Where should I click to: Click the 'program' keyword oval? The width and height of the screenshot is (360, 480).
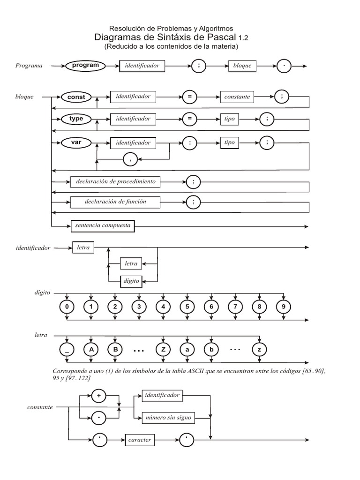coord(85,66)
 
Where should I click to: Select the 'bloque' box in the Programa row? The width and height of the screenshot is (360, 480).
coord(242,66)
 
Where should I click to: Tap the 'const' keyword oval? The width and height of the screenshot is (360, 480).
coord(76,97)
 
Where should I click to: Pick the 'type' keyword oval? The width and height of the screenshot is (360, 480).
coord(76,119)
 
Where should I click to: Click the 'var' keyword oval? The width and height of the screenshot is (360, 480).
coord(76,142)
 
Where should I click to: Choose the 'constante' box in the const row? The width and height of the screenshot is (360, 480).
coord(237,97)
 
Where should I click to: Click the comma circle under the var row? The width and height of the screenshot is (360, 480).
coord(130,159)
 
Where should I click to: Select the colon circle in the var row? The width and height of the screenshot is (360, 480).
coord(189,143)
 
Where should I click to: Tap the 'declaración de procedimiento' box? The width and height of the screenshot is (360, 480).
coord(115,181)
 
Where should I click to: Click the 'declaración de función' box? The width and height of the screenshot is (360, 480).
coord(115,202)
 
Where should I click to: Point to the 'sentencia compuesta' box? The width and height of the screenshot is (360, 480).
coord(103,226)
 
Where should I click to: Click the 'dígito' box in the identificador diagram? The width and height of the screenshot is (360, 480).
coord(131,281)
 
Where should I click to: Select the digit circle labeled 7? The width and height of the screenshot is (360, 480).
coord(235,307)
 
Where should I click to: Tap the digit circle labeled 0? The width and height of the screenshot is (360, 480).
coord(67,307)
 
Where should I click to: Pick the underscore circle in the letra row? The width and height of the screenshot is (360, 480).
coord(67,349)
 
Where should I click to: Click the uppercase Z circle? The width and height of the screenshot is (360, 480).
coord(163,349)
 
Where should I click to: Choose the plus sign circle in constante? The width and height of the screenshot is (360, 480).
coord(98,396)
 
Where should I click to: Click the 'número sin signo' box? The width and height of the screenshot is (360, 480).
coord(168,418)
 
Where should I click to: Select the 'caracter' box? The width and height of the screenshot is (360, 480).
coord(140,440)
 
